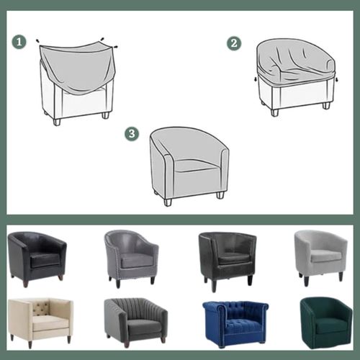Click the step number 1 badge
(x=19, y=42)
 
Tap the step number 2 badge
(x=234, y=43)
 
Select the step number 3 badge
(x=132, y=133)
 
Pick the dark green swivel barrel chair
(x=326, y=323)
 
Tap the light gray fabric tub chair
(x=321, y=258)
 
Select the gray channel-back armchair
(x=136, y=322)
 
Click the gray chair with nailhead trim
(x=131, y=258)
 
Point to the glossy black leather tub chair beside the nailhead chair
(x=37, y=258)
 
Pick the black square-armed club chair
(x=228, y=261)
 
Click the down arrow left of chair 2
(x=256, y=79)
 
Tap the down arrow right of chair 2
(x=337, y=79)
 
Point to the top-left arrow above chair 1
(x=37, y=40)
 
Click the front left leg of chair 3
(x=168, y=202)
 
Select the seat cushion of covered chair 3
(x=197, y=166)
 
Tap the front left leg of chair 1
(x=57, y=122)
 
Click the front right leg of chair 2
(x=326, y=106)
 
